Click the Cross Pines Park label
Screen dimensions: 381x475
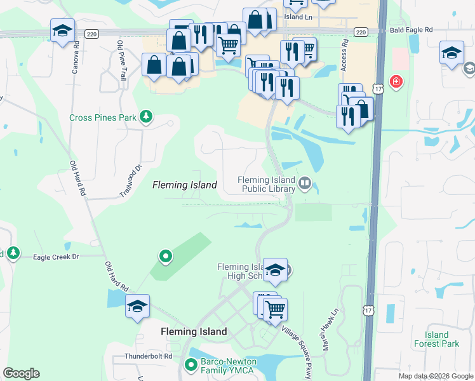pos(103,117)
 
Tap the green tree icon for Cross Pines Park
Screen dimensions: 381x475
pos(147,116)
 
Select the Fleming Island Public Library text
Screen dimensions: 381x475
pos(267,184)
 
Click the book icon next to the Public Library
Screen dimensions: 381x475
pos(305,184)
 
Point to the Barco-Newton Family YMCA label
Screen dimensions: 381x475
pos(227,366)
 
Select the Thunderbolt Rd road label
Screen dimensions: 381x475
pos(149,356)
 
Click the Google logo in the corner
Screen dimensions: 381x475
pos(21,373)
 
